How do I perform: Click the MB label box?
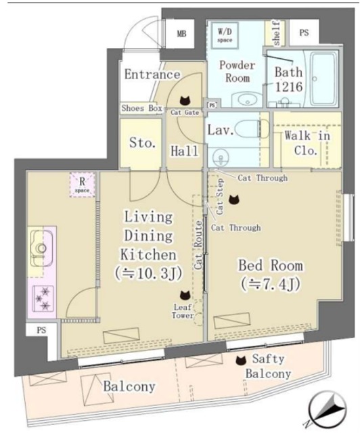point(182,33)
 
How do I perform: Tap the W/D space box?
point(225,33)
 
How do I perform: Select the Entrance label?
point(152,74)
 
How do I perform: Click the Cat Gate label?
point(185,112)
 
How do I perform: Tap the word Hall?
point(184,150)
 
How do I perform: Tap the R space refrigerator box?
point(82,184)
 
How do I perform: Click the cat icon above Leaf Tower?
point(183,294)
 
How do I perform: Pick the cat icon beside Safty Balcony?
point(241,361)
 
